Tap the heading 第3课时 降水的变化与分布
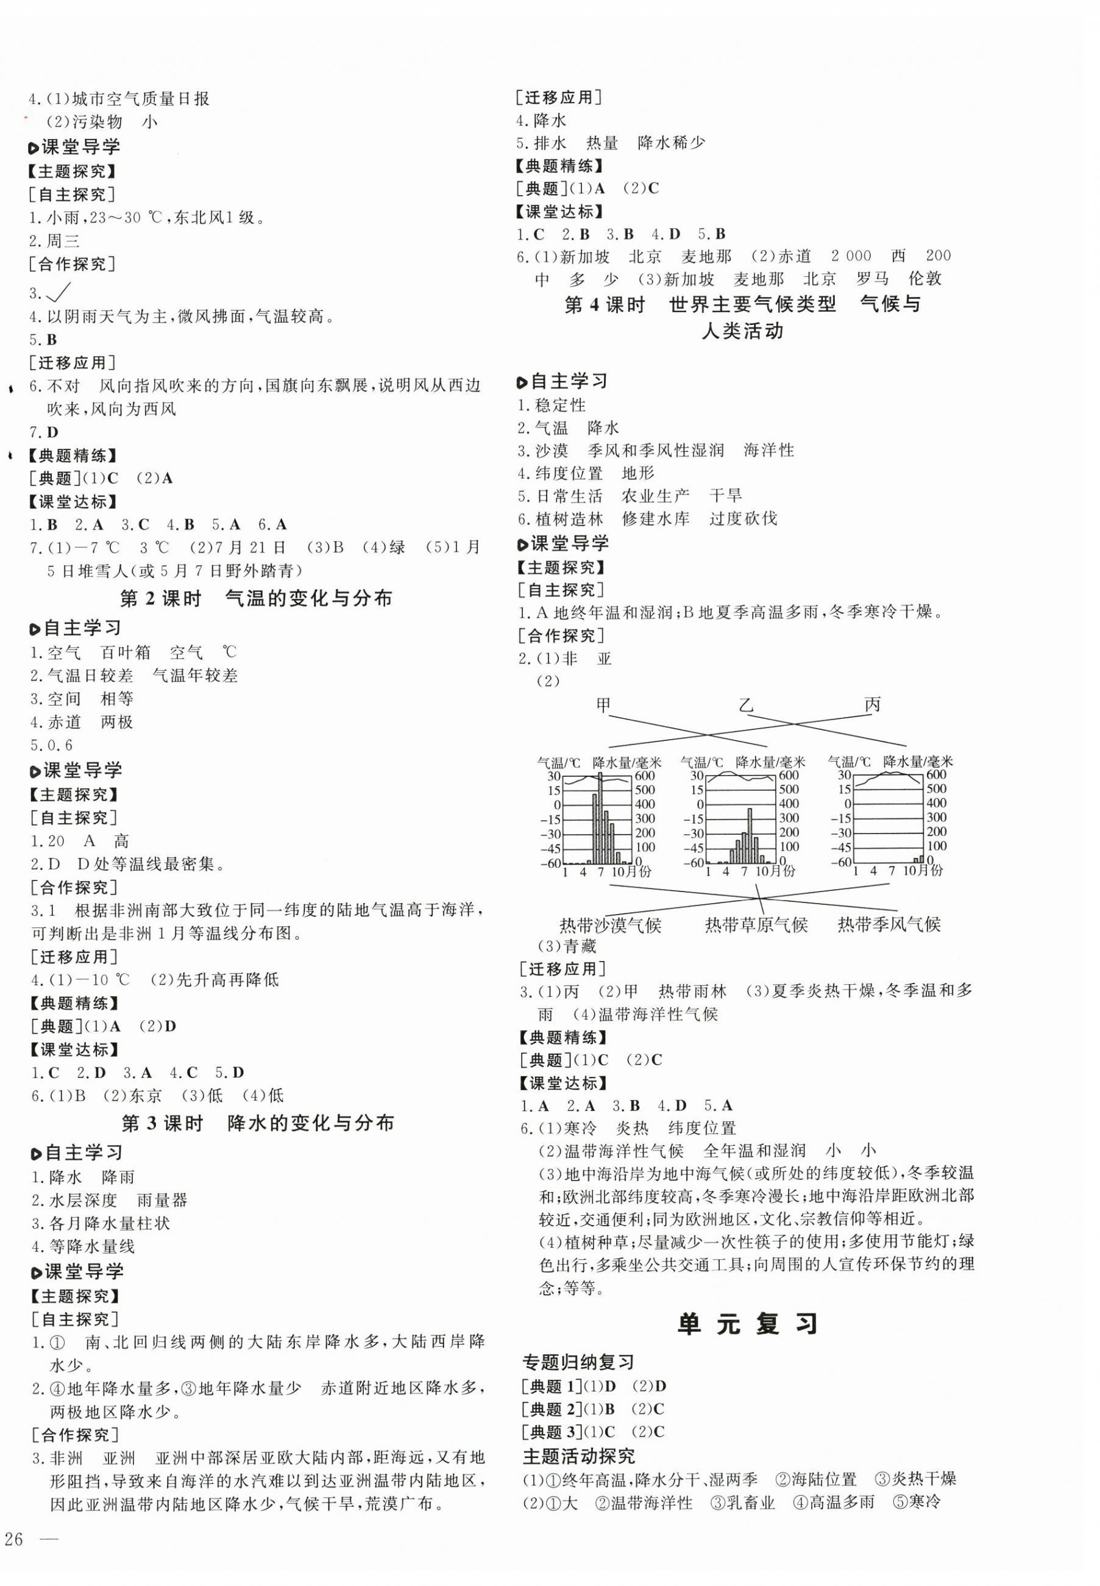pyautogui.click(x=258, y=1123)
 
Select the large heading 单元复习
pyautogui.click(x=748, y=1323)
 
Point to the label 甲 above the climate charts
pyautogui.click(x=604, y=705)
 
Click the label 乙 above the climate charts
pyautogui.click(x=747, y=705)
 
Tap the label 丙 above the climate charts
pyautogui.click(x=872, y=705)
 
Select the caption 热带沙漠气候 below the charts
pyautogui.click(x=611, y=924)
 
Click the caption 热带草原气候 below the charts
pyautogui.click(x=756, y=924)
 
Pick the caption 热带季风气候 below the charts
pyautogui.click(x=889, y=924)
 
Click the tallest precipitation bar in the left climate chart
pyautogui.click(x=600, y=818)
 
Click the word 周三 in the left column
pyautogui.click(x=63, y=241)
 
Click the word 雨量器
pyautogui.click(x=162, y=1200)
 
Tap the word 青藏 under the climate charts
pyautogui.click(x=580, y=946)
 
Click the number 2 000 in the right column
pyautogui.click(x=851, y=256)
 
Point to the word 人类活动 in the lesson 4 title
pyautogui.click(x=742, y=331)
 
